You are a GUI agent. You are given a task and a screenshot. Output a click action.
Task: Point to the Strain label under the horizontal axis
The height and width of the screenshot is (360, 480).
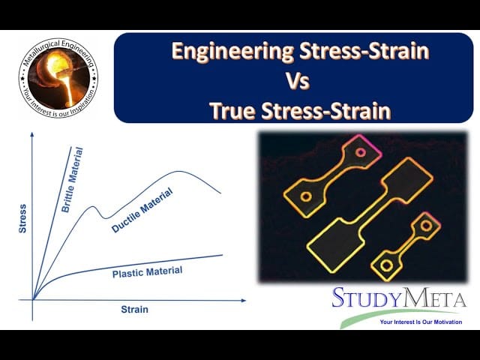point(135,309)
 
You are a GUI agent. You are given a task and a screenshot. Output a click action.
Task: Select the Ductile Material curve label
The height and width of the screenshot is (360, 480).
point(142,211)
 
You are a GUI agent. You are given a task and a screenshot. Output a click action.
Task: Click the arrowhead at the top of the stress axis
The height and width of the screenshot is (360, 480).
point(32,135)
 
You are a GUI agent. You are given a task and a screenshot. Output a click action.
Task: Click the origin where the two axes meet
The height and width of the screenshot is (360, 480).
point(32,300)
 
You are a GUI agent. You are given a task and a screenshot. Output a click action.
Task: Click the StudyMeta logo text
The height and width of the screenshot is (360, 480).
point(399,298)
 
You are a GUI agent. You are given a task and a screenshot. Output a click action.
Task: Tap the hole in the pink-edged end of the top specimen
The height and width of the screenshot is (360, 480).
point(360,152)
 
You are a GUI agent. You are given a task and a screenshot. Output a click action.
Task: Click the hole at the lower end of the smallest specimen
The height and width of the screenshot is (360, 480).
point(385,265)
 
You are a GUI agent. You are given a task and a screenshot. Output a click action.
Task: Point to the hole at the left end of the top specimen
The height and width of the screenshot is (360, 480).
point(305,196)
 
